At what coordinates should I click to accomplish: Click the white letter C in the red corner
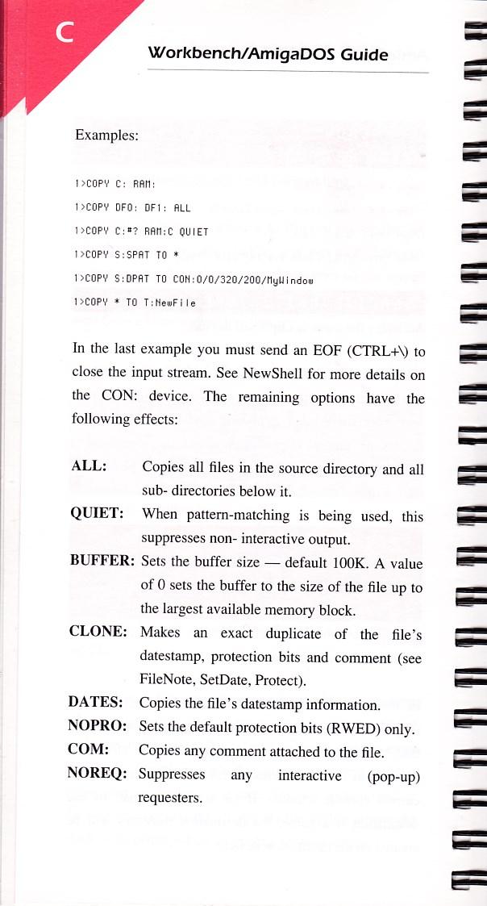(64, 35)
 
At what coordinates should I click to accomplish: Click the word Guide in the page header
(364, 55)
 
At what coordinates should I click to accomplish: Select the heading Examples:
(106, 135)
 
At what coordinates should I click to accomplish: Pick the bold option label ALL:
(90, 469)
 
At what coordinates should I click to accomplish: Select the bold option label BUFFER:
(102, 562)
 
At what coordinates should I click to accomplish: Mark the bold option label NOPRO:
(98, 729)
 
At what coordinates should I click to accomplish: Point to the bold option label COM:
(89, 751)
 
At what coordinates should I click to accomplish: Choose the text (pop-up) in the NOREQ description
(394, 776)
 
